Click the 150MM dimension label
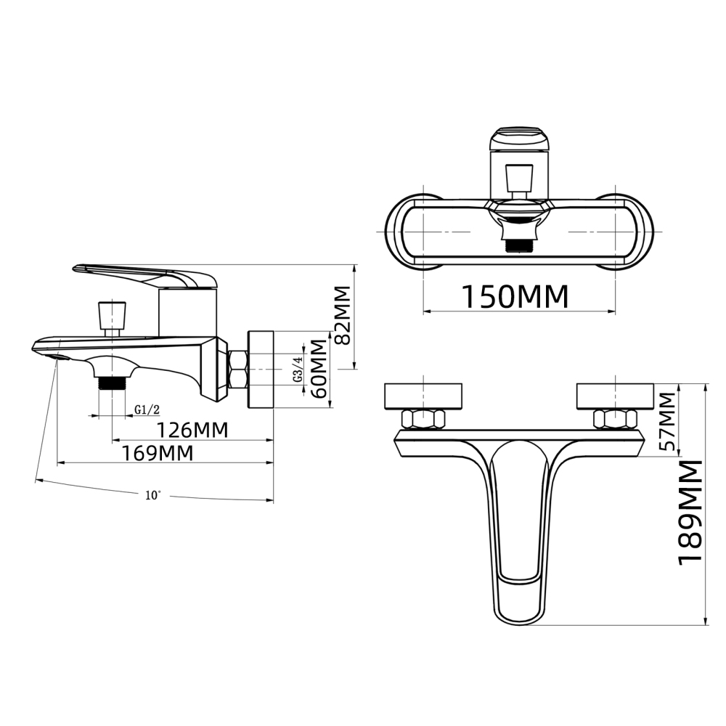(x=515, y=297)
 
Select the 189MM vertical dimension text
(x=691, y=511)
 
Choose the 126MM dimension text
(x=192, y=430)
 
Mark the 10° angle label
(x=152, y=495)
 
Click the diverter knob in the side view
(x=111, y=314)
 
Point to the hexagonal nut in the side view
(x=237, y=369)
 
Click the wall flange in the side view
(x=261, y=369)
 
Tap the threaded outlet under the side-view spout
(x=111, y=383)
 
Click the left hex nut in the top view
(x=423, y=419)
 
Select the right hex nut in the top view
(x=615, y=419)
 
